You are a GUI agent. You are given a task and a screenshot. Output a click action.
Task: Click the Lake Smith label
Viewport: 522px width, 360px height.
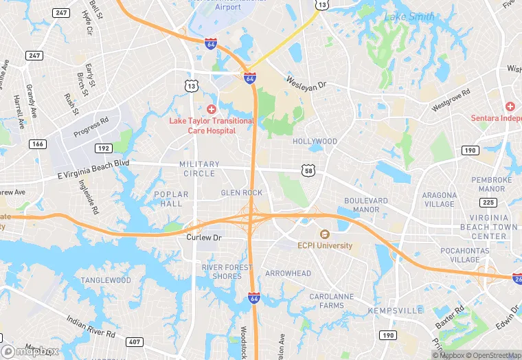(x=409, y=16)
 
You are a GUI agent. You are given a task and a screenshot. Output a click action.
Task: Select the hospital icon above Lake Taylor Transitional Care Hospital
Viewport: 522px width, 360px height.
(x=212, y=109)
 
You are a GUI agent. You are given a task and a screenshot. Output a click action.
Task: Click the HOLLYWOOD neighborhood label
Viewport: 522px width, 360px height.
(x=315, y=142)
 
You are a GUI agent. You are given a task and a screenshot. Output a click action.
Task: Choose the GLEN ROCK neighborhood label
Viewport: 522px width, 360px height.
(x=241, y=193)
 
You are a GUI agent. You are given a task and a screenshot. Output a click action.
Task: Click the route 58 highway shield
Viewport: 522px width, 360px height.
(x=307, y=169)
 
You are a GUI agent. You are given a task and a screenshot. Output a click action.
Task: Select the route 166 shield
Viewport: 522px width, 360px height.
(x=38, y=144)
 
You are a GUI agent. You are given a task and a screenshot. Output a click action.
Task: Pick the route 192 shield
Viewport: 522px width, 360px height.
(x=104, y=148)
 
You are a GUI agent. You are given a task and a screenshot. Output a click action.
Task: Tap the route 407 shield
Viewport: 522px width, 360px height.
(x=134, y=341)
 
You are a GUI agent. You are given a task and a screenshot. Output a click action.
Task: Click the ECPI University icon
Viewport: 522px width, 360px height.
(x=324, y=234)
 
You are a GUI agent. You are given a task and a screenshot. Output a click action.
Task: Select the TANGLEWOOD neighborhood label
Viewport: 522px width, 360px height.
(x=106, y=280)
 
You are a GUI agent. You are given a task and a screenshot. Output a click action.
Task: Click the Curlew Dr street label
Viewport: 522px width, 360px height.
(x=204, y=237)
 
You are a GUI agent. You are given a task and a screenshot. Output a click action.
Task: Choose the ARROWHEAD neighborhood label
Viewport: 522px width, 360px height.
(x=288, y=273)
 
